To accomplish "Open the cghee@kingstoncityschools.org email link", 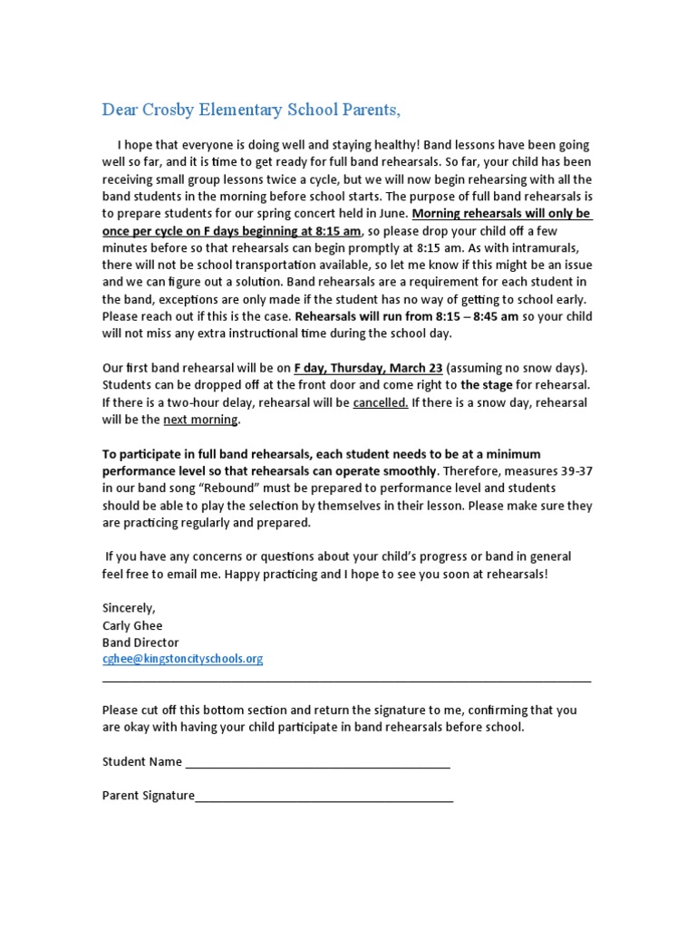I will tap(182, 659).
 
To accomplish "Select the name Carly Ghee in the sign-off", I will tap(132, 625).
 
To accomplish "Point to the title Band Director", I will tap(140, 643).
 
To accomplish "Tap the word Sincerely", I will tap(129, 608).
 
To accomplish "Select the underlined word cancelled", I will tap(380, 402).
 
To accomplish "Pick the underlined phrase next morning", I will tap(200, 420).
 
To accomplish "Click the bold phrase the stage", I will tap(487, 385).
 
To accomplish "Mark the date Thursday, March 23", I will tap(389, 368).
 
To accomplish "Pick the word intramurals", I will tap(552, 248).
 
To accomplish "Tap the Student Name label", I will tap(142, 762).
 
